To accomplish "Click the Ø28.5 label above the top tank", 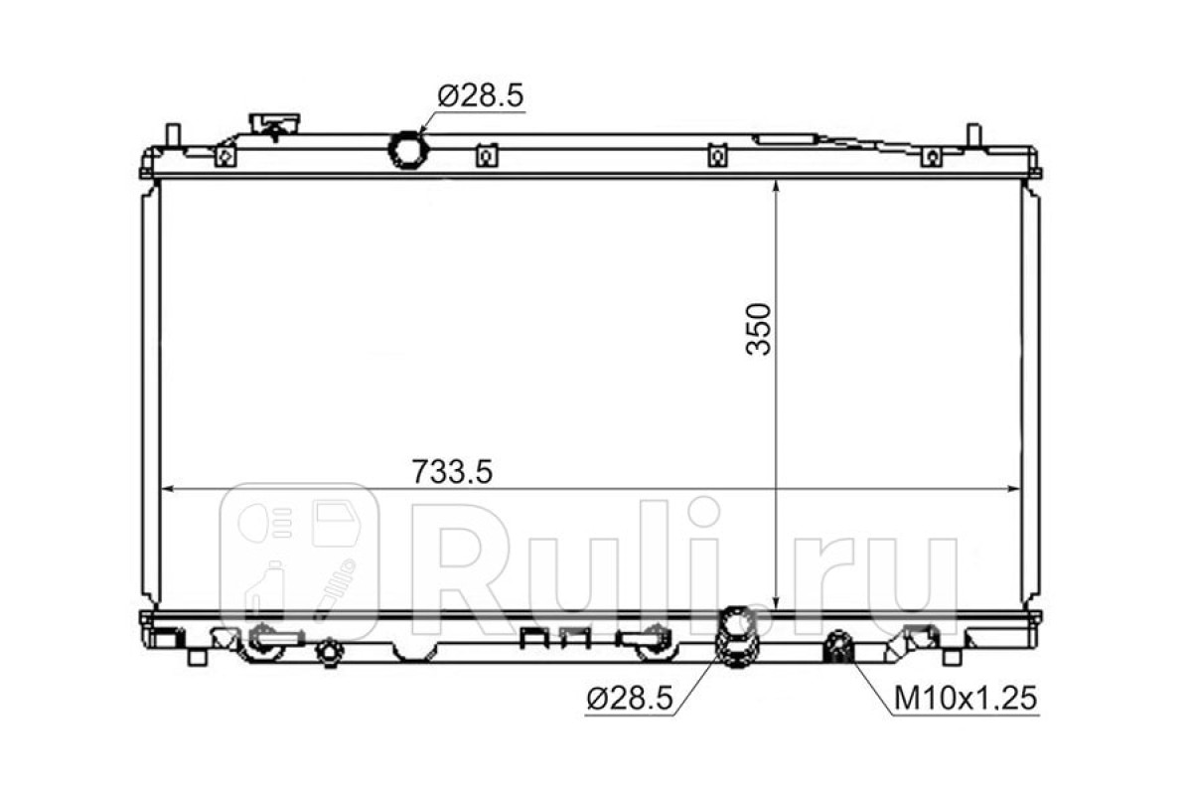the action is coord(480,95).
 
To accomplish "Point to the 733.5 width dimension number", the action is coord(452,472).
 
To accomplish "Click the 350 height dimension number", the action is coord(758,329).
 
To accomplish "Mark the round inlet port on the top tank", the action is coord(408,150).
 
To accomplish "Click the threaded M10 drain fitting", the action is coord(838,647).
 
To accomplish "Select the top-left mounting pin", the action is coord(174,135).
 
